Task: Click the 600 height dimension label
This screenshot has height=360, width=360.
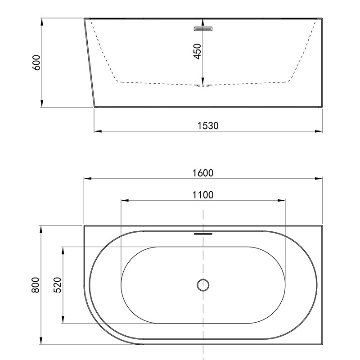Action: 36,63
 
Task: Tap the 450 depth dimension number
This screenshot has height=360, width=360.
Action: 198,51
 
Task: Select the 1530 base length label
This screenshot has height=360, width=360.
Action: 208,126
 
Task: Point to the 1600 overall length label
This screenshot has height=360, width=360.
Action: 203,173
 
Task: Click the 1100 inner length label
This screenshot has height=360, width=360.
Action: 203,195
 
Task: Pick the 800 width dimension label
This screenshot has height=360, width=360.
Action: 36,285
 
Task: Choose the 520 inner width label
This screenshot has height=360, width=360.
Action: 58,285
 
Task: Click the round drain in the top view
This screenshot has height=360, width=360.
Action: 203,285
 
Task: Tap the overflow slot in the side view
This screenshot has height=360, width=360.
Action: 203,29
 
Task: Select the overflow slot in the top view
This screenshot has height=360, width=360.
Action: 203,234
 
